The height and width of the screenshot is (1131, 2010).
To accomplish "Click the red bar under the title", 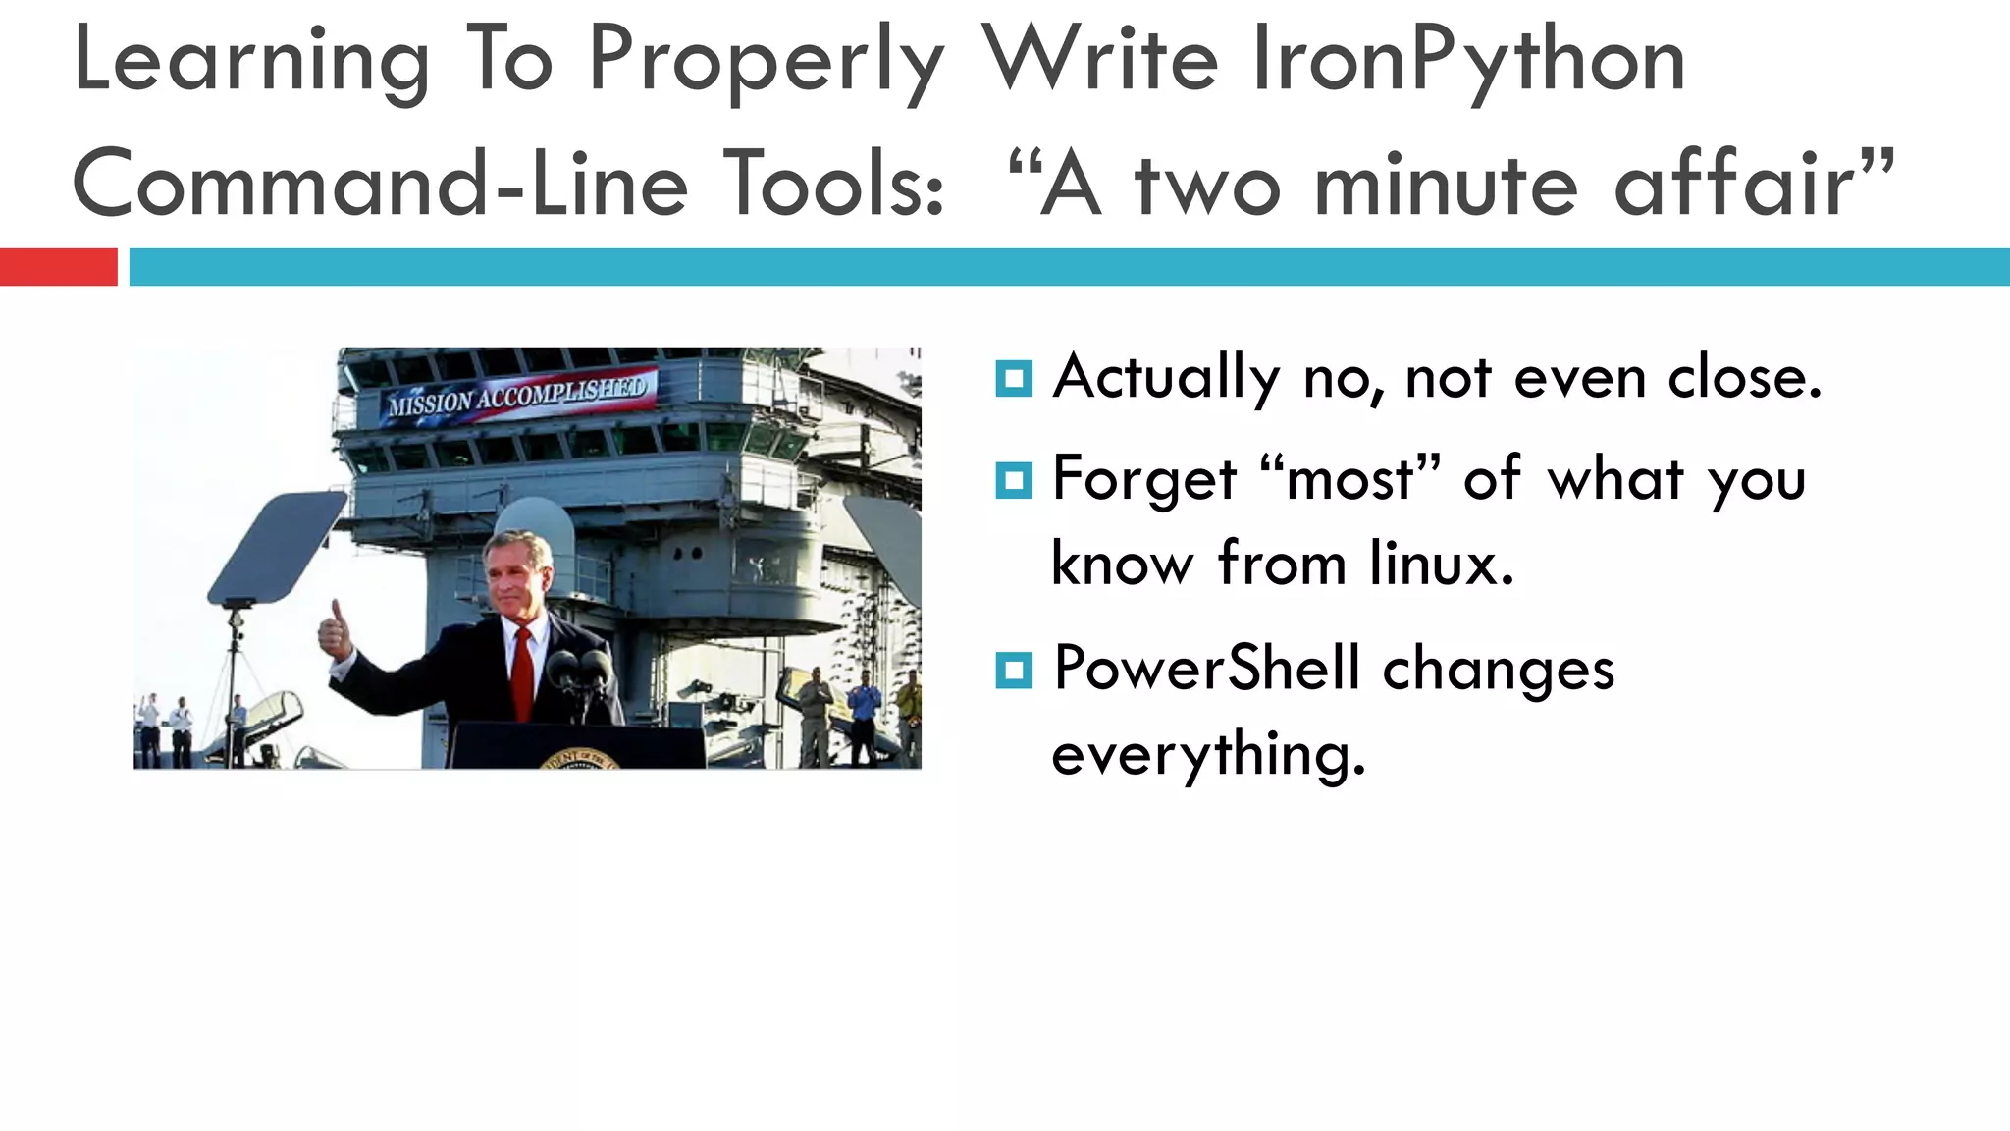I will tap(58, 267).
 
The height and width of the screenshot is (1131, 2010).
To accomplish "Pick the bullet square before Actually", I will tap(1013, 378).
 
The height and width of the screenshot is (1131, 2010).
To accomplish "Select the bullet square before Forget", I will tap(1013, 480).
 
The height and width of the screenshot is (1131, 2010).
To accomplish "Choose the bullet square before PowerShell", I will tap(1013, 671).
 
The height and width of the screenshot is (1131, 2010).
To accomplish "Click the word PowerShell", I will tap(1207, 669).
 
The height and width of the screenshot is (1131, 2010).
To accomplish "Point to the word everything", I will tap(1207, 755).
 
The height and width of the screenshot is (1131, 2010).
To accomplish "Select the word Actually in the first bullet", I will tap(1166, 378).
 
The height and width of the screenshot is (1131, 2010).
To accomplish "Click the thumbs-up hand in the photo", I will tap(335, 630).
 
